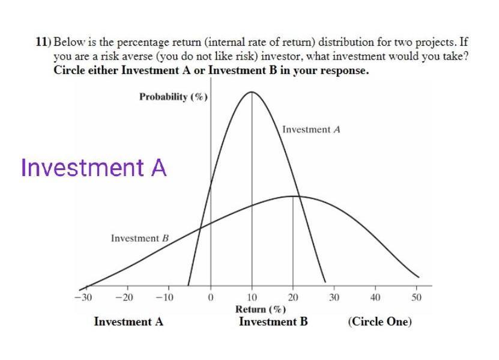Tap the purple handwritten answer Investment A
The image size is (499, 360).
click(x=94, y=168)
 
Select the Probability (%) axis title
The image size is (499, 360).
click(x=174, y=97)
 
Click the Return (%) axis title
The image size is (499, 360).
click(x=261, y=309)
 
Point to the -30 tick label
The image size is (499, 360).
click(x=83, y=297)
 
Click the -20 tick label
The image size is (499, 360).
click(x=124, y=297)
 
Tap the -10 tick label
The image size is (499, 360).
click(x=165, y=297)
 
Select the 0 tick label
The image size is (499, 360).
click(x=210, y=297)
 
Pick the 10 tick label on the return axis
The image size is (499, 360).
click(x=252, y=297)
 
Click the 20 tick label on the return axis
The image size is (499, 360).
click(x=293, y=297)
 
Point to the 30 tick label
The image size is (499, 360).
click(x=334, y=297)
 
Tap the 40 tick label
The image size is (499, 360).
click(x=375, y=297)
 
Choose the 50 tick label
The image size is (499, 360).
click(x=416, y=297)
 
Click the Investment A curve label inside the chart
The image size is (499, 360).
click(x=311, y=130)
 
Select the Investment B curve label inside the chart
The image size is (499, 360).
click(x=140, y=238)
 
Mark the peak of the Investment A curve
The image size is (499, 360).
click(x=252, y=92)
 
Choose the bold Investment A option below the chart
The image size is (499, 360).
click(x=129, y=322)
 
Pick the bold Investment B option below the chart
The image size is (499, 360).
click(x=273, y=322)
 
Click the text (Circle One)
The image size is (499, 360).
click(x=380, y=322)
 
